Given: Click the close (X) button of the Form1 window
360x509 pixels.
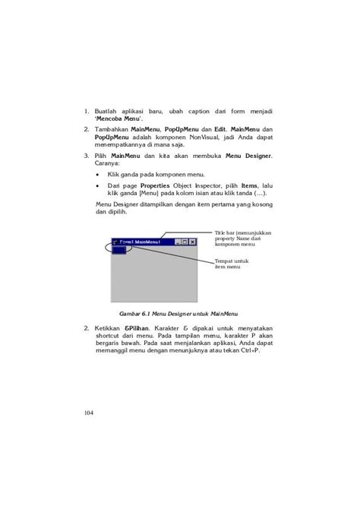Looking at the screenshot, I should pyautogui.click(x=193, y=242).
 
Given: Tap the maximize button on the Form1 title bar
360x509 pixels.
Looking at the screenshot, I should pyautogui.click(x=185, y=242).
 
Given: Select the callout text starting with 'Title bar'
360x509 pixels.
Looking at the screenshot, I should pyautogui.click(x=242, y=239).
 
